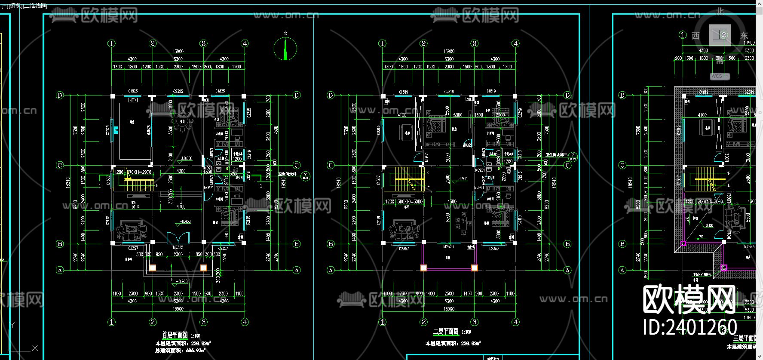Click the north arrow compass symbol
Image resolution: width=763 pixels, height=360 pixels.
tap(285, 48)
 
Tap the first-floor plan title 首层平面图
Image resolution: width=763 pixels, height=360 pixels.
tap(175, 335)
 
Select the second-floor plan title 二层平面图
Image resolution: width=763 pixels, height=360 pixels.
tap(446, 332)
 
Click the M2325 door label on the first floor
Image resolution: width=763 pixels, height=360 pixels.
tap(178, 248)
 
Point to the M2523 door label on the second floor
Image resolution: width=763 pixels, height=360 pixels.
tap(448, 247)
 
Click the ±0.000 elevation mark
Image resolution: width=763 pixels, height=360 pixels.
tap(187, 158)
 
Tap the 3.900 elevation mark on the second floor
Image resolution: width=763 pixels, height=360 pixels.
tap(463, 178)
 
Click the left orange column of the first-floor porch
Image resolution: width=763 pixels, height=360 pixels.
tap(153, 268)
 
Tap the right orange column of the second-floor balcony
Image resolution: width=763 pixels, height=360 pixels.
tap(475, 268)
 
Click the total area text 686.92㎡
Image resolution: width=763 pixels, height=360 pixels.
tap(196, 351)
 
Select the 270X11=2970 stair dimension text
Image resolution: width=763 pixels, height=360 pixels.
tap(139, 172)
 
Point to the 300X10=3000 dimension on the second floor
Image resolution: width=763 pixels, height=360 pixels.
tap(410, 201)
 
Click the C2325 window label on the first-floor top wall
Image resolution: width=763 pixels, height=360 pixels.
tap(178, 91)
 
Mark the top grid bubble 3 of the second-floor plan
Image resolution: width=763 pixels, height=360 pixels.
tap(474, 43)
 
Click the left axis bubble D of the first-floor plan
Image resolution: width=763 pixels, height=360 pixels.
tap(60, 95)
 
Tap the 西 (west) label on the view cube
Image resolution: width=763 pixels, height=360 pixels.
tap(696, 36)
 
